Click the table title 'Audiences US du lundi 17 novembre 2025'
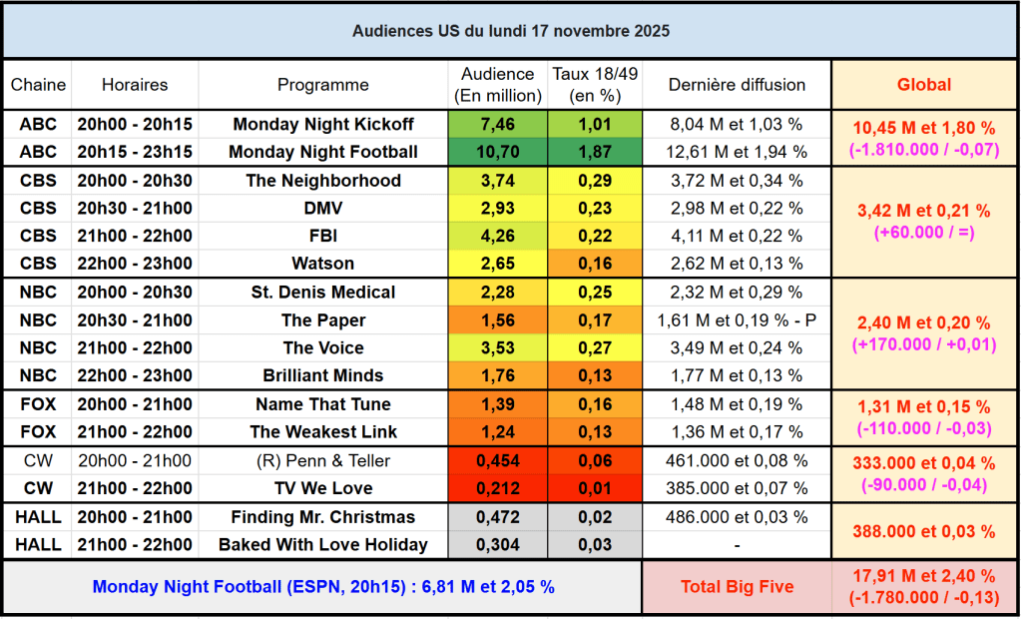510,31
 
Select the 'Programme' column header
323,85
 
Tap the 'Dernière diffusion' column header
737,85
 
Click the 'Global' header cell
924,85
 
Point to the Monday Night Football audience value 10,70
497,153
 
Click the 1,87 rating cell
595,153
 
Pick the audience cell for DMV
497,209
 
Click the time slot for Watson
135,265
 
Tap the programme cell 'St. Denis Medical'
323,293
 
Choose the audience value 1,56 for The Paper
497,320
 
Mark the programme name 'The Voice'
323,348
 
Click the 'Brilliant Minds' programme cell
323,376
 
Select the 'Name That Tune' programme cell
323,404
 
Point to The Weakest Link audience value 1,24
497,432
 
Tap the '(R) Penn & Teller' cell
323,461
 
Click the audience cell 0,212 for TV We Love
497,489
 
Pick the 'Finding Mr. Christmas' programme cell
323,518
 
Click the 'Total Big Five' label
737,587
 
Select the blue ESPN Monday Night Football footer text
323,587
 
